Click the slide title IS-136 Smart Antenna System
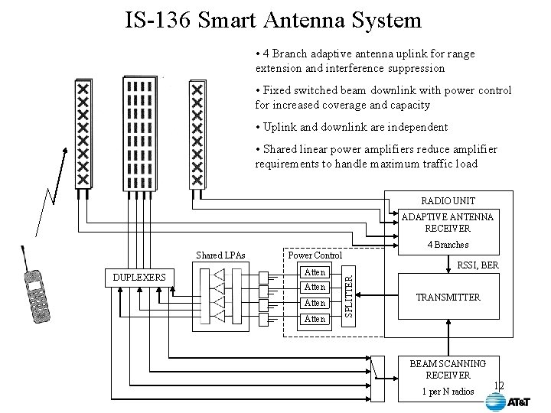pyautogui.click(x=273, y=18)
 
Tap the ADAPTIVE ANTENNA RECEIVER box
pyautogui.click(x=448, y=223)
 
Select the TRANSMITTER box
pyautogui.click(x=448, y=297)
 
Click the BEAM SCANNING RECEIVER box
pyautogui.click(x=448, y=369)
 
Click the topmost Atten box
pyautogui.click(x=315, y=272)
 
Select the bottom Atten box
pyautogui.click(x=315, y=318)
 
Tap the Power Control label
pyautogui.click(x=314, y=255)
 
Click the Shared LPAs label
pyautogui.click(x=220, y=255)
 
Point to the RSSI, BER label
pyautogui.click(x=478, y=265)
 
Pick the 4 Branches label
pyautogui.click(x=448, y=245)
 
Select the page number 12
pyautogui.click(x=500, y=385)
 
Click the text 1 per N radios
pyautogui.click(x=448, y=392)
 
